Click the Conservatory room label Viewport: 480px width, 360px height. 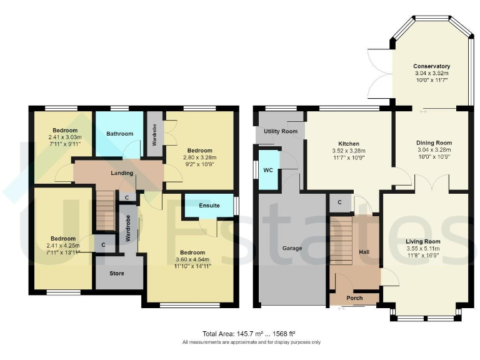click(x=431, y=66)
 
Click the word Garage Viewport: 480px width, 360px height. click(x=292, y=248)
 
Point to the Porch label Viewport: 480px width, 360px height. click(x=354, y=298)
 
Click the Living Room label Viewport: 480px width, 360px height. click(x=423, y=241)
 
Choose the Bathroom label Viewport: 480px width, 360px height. click(x=119, y=134)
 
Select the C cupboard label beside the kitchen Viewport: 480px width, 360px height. click(x=339, y=202)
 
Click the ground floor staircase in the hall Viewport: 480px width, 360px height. click(x=341, y=240)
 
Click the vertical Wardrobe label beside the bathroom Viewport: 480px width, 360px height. click(x=154, y=133)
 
